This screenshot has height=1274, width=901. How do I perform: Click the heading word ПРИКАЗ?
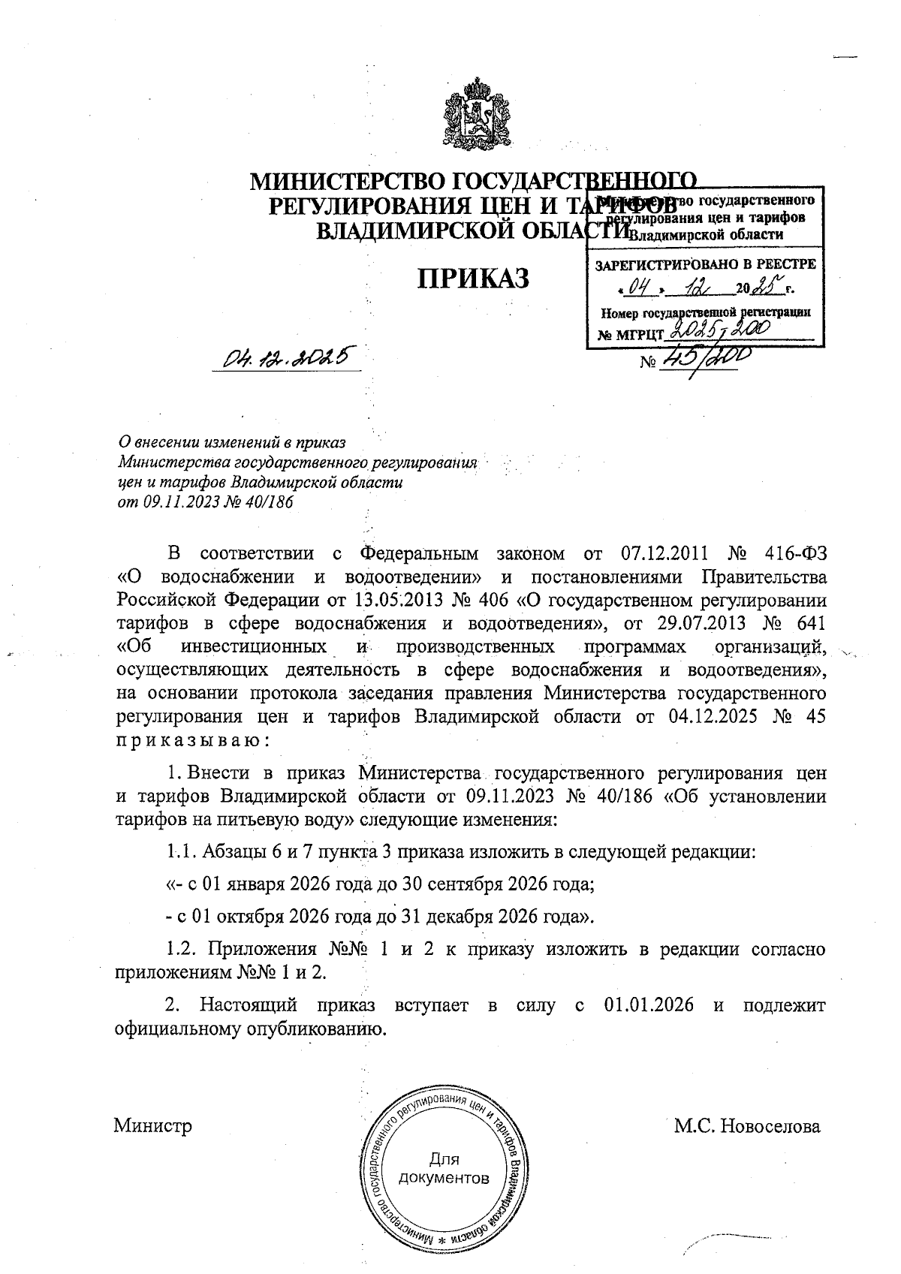click(x=473, y=277)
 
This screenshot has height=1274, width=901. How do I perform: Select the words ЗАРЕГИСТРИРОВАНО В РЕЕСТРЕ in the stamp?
click(x=704, y=264)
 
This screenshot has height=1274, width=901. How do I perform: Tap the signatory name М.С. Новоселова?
click(x=746, y=1126)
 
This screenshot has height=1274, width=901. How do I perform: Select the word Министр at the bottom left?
click(x=152, y=1126)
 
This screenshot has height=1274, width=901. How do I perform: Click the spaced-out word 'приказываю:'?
click(x=192, y=739)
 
